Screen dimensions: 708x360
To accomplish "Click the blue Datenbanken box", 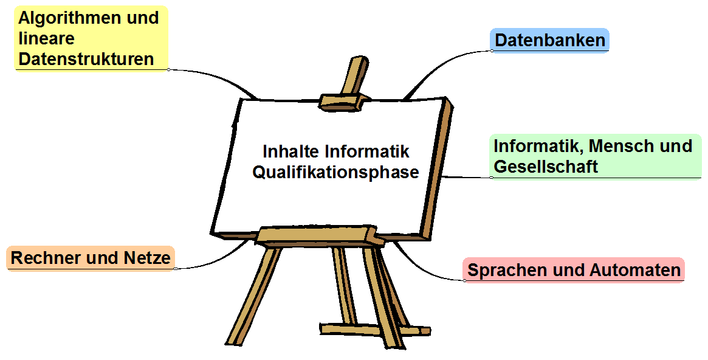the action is [x=549, y=40].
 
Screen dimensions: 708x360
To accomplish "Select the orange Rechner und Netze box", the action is [x=91, y=258].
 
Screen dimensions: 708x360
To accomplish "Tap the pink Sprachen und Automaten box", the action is [x=574, y=270].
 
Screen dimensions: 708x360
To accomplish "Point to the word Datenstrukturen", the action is [x=86, y=59].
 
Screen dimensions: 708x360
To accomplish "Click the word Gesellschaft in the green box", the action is [x=546, y=167].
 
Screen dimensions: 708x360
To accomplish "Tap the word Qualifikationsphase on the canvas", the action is [x=335, y=173].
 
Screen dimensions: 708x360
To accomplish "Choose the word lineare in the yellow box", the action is [x=47, y=39].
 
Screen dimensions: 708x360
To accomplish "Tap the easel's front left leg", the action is [x=253, y=296].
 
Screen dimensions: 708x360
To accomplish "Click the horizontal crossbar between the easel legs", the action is [x=375, y=329].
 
